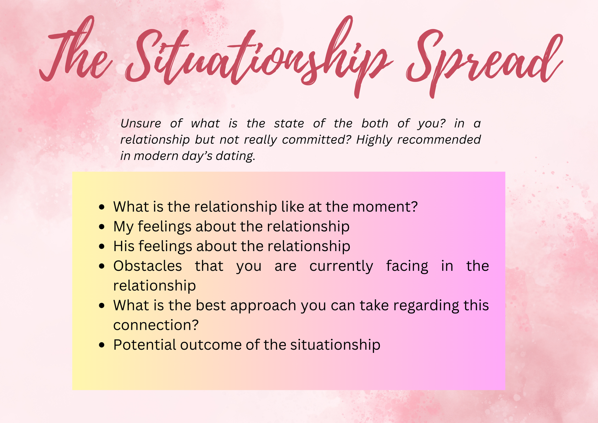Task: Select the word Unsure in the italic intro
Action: click(x=141, y=124)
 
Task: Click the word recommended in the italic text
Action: click(x=439, y=140)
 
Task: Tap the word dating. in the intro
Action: click(x=236, y=156)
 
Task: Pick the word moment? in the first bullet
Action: click(x=385, y=207)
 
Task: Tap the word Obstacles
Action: click(x=148, y=266)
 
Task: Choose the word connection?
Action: click(x=156, y=325)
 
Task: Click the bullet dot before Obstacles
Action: click(x=102, y=266)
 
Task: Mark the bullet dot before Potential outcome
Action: click(x=102, y=345)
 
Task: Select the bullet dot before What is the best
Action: click(x=102, y=306)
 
